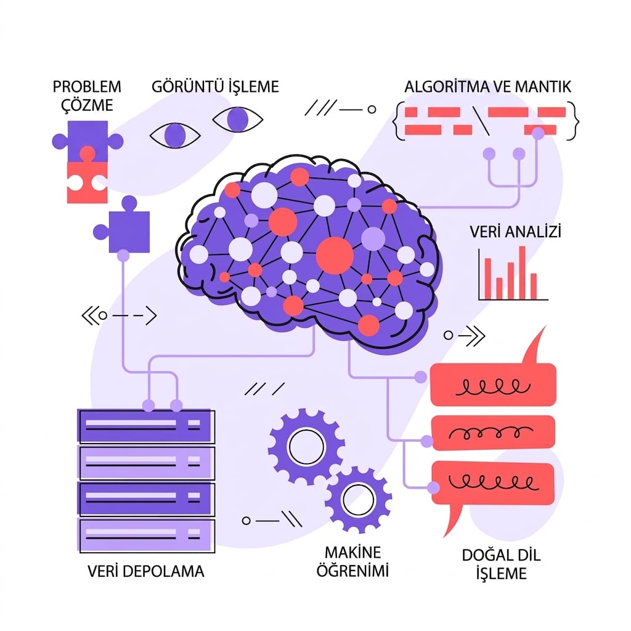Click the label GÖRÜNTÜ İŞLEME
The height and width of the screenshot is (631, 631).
coord(215,86)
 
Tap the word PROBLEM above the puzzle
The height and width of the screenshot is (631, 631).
coord(87,86)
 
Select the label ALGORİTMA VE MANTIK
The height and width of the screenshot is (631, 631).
coord(488,86)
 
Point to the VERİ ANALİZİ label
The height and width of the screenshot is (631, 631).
coord(515,232)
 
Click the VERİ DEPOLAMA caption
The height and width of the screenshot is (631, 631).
coord(145,571)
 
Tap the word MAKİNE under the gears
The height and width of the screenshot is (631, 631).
coord(352,553)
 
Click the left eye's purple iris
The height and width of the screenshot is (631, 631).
coord(174,135)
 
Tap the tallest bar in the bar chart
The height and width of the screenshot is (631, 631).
coord(522,273)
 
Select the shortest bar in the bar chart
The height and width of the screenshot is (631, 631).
coord(499,288)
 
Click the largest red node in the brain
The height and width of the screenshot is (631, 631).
coord(335,256)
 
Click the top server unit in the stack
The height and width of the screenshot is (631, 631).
coord(145,426)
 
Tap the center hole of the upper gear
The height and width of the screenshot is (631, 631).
coord(307,446)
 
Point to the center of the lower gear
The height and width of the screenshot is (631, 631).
coord(358,499)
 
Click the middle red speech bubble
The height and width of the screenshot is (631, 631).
coord(493,433)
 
